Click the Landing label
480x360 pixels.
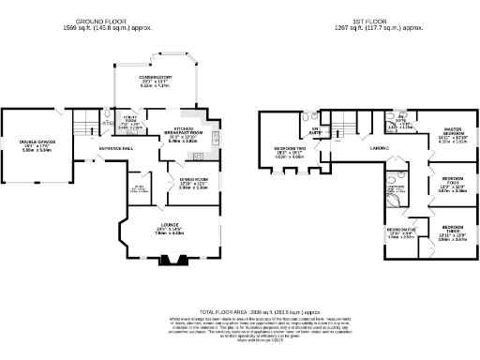379,148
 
